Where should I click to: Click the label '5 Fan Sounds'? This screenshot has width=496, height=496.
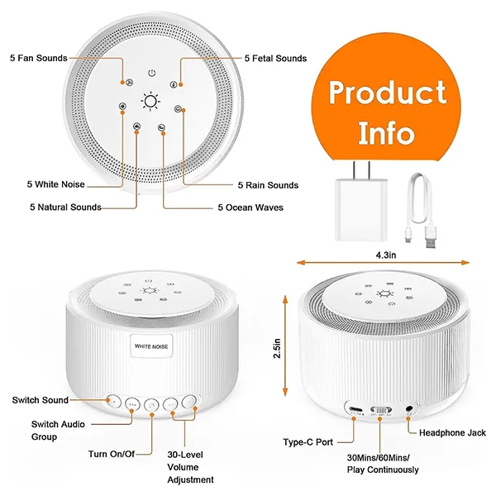(38, 58)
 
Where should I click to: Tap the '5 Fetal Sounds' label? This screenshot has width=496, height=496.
(275, 59)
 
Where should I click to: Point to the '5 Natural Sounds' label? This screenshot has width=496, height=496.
(65, 207)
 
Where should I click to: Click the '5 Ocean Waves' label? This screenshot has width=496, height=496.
(250, 207)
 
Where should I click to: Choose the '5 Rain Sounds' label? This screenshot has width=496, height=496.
(268, 185)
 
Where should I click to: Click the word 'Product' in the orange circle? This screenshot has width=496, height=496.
(388, 93)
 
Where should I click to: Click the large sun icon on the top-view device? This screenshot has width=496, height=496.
(150, 103)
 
